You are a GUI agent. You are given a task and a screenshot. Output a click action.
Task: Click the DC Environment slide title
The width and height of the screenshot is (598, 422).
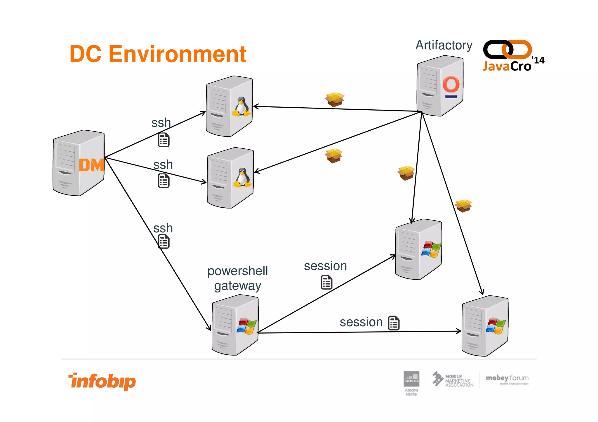point(158,54)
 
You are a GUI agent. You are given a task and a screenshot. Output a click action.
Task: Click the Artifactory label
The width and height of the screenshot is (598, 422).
point(444,45)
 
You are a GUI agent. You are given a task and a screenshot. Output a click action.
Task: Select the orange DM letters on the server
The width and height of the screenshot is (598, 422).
point(91,165)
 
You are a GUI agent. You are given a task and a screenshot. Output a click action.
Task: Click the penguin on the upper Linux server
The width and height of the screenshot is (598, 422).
point(241,107)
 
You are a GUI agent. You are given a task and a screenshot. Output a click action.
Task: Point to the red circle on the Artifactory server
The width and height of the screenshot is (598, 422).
point(451,84)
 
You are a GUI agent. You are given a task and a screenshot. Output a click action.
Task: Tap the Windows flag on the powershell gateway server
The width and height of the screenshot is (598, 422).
point(246,326)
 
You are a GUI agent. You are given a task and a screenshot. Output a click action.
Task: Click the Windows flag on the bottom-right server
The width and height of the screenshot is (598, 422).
point(496,326)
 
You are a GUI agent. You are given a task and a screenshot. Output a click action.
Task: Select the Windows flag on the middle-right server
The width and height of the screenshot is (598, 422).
point(431,249)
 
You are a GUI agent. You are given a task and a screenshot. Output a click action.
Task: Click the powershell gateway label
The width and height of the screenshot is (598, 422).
point(237,278)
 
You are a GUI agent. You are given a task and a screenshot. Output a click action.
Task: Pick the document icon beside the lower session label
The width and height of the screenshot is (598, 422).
point(394,323)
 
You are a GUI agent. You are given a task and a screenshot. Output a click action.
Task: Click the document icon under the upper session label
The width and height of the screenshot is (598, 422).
point(326,282)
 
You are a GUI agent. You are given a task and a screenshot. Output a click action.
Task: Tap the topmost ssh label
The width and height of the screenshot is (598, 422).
point(161,123)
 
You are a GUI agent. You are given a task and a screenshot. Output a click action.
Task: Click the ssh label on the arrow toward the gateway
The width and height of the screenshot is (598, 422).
point(163,228)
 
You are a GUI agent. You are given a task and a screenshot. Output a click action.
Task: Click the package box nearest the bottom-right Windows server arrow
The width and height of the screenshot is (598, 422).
point(463,206)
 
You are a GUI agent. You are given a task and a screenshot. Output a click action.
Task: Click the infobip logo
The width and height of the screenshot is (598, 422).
point(102,381)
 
